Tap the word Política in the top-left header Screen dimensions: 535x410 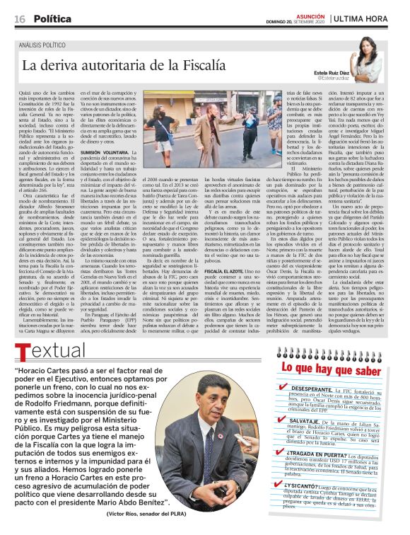[52, 19]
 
